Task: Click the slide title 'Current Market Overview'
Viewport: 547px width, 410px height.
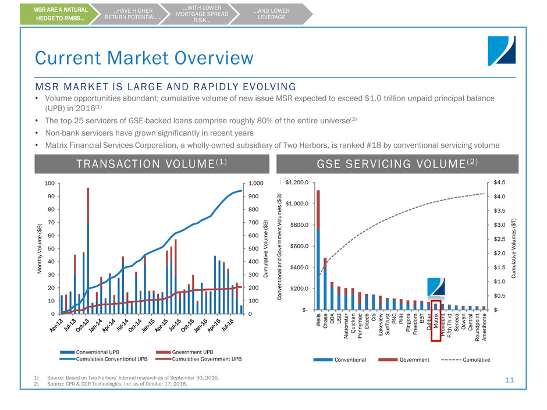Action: [x=144, y=58]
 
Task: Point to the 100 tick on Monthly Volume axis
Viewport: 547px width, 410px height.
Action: [x=50, y=183]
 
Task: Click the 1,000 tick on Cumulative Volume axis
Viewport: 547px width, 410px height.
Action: [x=257, y=183]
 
